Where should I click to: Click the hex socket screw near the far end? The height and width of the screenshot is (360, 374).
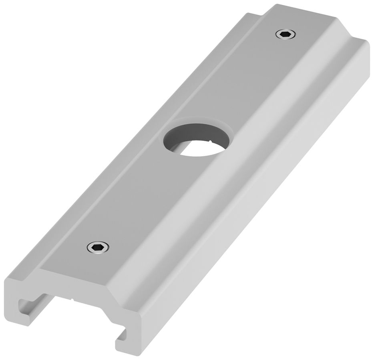coord(286,35)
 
